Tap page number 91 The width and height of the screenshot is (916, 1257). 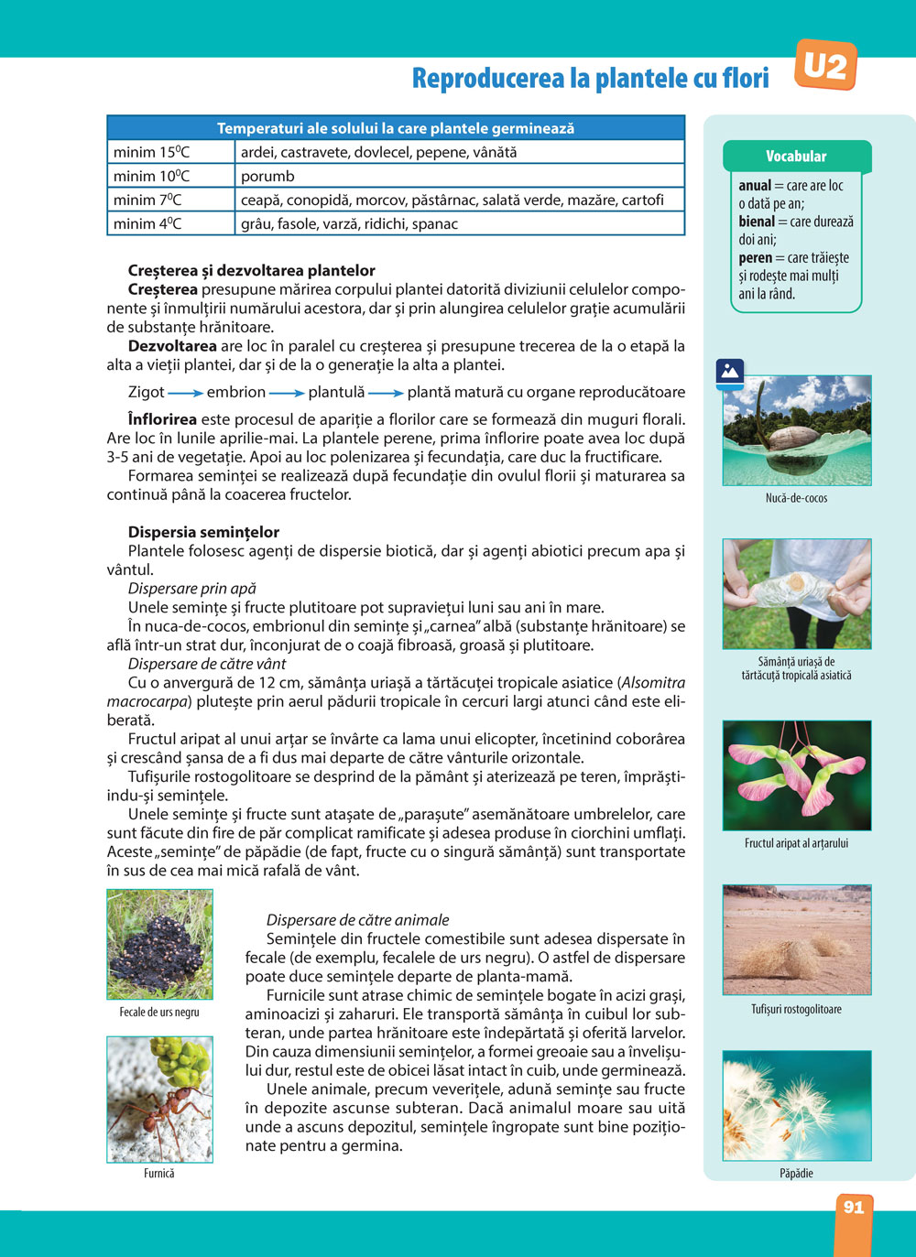[x=854, y=1208]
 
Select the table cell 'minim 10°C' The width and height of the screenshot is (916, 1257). [x=171, y=176]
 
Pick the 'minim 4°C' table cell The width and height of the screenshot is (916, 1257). [x=171, y=223]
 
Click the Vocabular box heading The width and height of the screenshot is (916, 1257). [x=796, y=157]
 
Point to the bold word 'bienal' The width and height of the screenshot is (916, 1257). [x=757, y=222]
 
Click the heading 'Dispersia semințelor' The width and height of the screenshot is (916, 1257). [x=203, y=532]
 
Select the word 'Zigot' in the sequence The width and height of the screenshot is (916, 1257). [x=147, y=392]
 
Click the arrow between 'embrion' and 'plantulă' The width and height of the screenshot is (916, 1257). [x=287, y=393]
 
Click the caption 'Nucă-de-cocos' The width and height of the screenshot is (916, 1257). [x=796, y=498]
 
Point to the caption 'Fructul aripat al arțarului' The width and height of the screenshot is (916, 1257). [x=796, y=843]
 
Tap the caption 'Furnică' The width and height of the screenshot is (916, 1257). [x=158, y=1173]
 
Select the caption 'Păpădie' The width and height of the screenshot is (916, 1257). [x=796, y=1173]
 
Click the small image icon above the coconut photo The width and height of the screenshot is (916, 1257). [x=729, y=371]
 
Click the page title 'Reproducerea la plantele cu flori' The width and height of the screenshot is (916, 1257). [x=590, y=79]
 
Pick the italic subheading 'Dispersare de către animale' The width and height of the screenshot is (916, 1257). [x=357, y=920]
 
